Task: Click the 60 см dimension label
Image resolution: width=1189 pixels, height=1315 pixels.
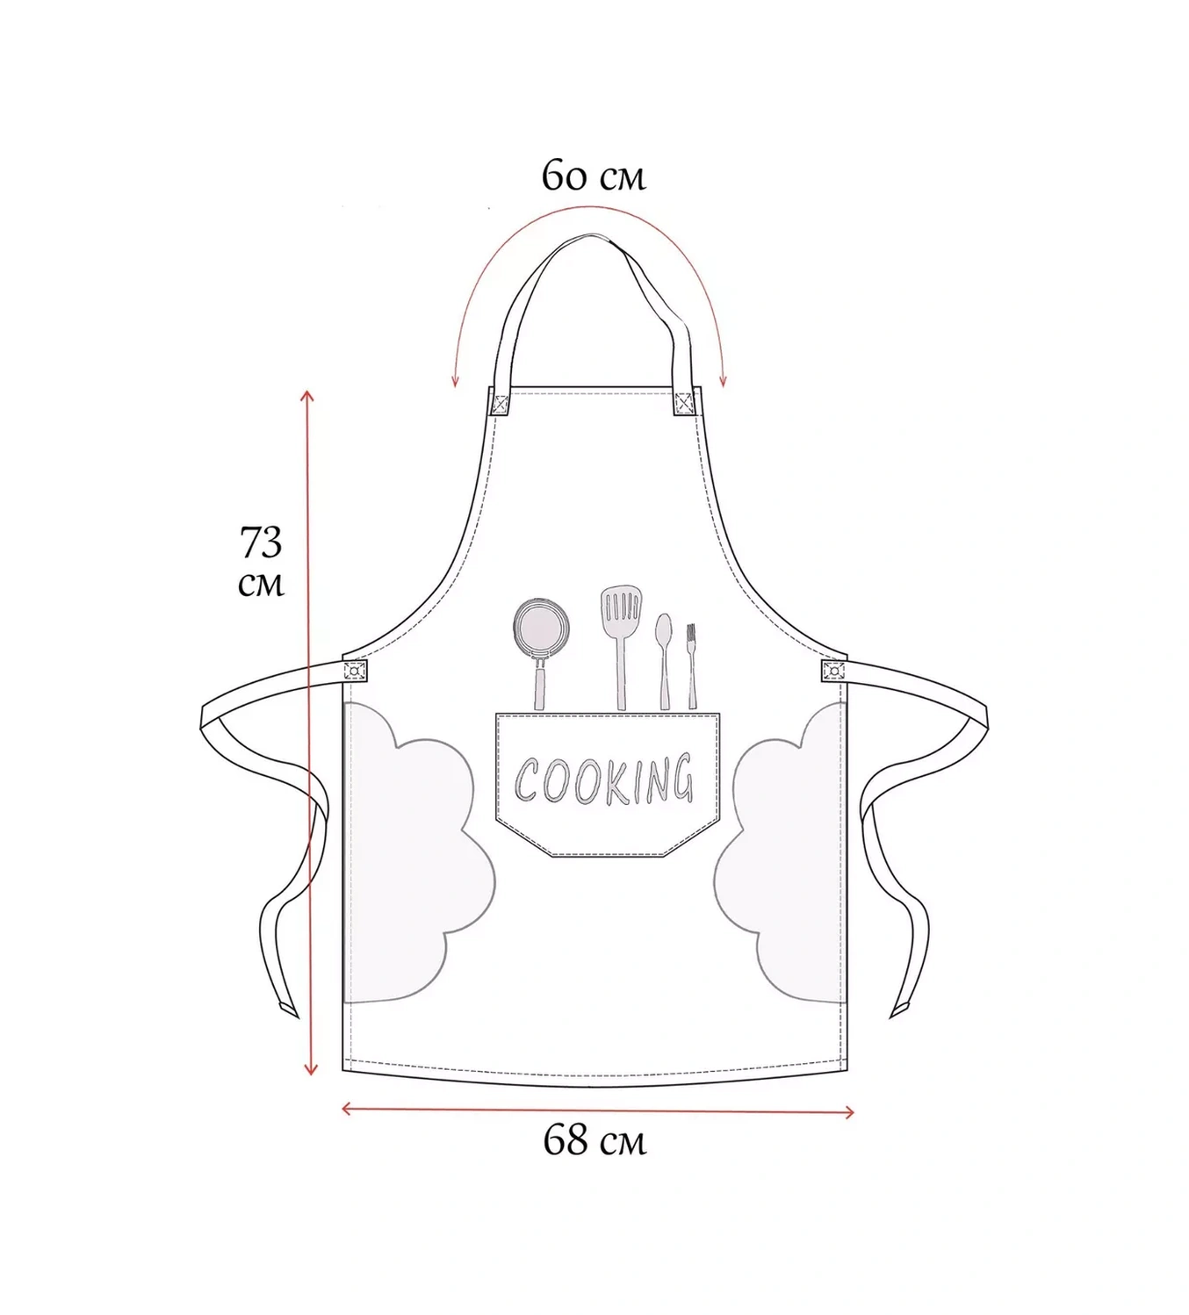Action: point(594,176)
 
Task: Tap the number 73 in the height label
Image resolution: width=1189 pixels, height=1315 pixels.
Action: point(260,543)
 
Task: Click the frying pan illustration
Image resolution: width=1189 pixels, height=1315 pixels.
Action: point(540,651)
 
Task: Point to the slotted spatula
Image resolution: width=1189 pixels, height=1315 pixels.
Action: point(621,646)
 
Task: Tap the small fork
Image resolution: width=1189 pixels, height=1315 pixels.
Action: point(692,666)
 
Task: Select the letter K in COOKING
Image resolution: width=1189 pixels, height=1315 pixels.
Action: point(618,781)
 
